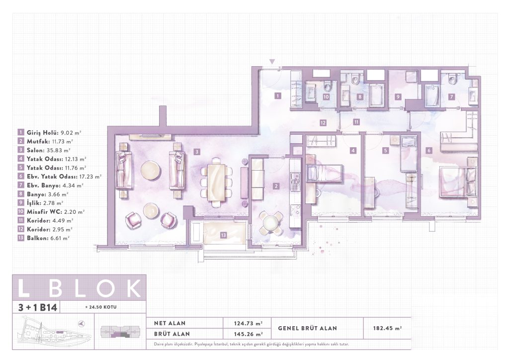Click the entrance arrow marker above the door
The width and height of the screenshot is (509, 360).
(x=272, y=62)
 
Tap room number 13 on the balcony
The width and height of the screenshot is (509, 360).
(x=223, y=235)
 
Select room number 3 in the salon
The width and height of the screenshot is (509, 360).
(x=196, y=152)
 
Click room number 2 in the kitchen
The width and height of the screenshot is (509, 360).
(x=276, y=186)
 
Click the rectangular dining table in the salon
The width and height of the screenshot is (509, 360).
(x=217, y=182)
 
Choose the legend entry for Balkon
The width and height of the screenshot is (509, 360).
(x=44, y=238)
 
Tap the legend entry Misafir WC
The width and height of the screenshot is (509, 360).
(x=51, y=212)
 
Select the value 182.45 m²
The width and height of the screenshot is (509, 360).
(x=387, y=328)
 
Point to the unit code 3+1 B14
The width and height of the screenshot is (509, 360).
(x=38, y=307)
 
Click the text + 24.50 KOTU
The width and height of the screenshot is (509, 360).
(x=100, y=307)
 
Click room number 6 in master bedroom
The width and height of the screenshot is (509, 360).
(x=429, y=151)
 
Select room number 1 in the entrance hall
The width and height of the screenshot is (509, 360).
(x=277, y=96)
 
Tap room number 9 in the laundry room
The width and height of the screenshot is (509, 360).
(x=398, y=97)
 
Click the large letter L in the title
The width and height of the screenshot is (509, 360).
(x=24, y=287)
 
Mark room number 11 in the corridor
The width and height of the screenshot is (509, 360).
(x=356, y=122)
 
